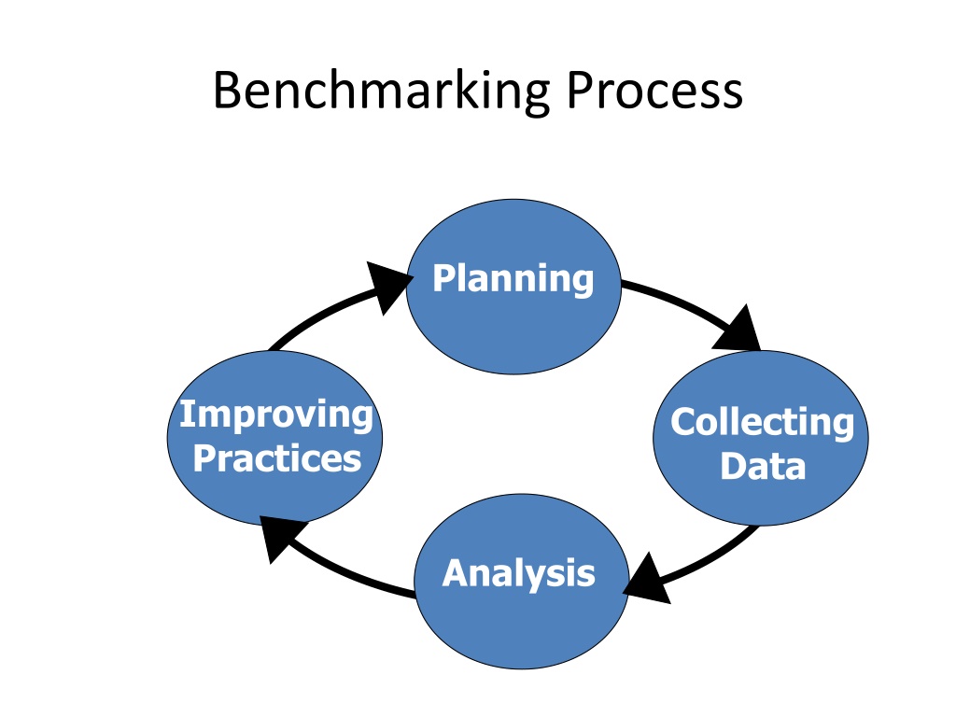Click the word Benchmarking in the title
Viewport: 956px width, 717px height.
(382, 91)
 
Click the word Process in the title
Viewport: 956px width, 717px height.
(654, 90)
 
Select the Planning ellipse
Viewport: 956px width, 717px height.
(513, 287)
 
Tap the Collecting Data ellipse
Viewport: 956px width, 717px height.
(761, 438)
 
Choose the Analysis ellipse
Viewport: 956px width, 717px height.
(521, 582)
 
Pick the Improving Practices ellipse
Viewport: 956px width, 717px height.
(275, 438)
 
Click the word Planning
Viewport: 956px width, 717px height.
(513, 278)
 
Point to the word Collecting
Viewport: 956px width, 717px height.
(762, 422)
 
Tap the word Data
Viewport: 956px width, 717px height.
(764, 467)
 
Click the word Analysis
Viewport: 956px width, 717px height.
(519, 574)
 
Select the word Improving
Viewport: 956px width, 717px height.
(276, 415)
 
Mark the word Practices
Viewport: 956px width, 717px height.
(277, 458)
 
